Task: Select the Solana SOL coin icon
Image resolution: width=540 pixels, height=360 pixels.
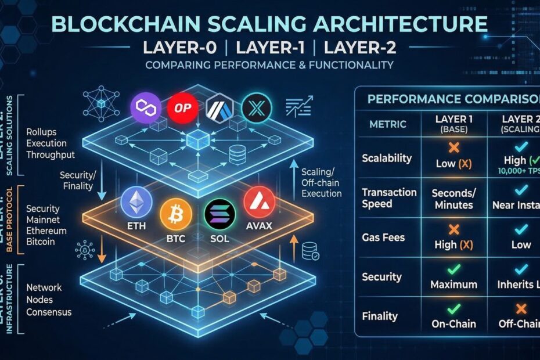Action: point(220,215)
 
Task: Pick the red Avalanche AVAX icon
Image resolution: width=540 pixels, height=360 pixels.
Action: point(259,203)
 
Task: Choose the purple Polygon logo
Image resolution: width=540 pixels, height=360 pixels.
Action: point(146,108)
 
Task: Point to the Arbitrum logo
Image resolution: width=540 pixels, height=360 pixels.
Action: point(220,108)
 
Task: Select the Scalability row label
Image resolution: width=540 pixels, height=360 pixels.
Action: point(387,158)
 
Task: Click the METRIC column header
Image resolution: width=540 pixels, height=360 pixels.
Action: point(387,124)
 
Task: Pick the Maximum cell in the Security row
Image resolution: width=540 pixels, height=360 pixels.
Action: point(453,285)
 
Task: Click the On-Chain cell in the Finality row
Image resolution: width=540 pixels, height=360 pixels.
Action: point(453,323)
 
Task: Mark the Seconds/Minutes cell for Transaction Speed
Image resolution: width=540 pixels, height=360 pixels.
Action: point(453,198)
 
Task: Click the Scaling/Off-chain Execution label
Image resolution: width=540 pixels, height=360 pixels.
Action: point(321,182)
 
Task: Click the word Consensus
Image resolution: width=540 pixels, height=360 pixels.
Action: point(49,312)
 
